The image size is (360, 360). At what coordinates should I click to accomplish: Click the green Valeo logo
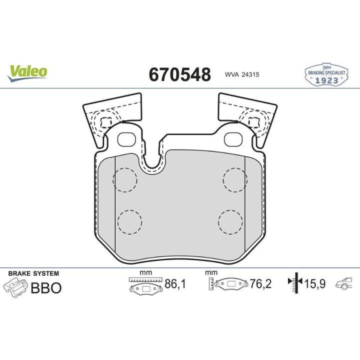(x=27, y=73)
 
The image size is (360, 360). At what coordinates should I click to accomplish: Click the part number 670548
(x=180, y=74)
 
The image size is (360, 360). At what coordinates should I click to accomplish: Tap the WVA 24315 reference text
(x=242, y=74)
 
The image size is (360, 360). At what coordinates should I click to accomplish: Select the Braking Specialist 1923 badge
(x=326, y=74)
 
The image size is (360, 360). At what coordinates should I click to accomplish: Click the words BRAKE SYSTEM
(x=33, y=273)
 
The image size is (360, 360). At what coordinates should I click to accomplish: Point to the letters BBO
(x=46, y=288)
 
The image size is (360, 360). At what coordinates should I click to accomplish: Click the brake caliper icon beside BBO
(x=16, y=287)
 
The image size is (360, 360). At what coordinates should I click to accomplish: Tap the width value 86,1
(x=175, y=284)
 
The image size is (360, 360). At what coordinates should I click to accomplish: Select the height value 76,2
(x=260, y=284)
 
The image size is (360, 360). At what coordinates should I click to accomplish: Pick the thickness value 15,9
(x=315, y=284)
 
